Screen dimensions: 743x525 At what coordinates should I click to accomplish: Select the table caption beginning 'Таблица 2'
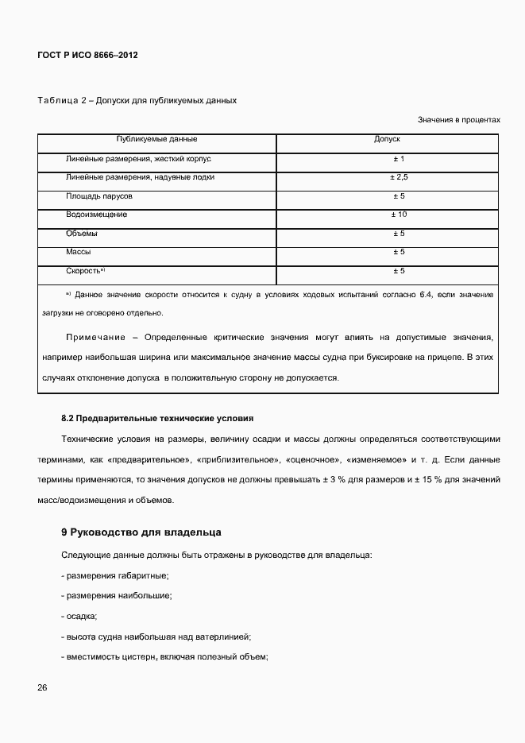click(x=137, y=101)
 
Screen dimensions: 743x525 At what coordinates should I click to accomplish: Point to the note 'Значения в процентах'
click(x=459, y=120)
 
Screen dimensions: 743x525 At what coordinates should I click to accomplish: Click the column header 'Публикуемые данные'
click(x=156, y=139)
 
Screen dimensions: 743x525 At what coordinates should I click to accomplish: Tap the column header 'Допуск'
click(x=387, y=139)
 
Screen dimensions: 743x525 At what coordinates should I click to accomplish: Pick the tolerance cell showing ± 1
click(x=399, y=159)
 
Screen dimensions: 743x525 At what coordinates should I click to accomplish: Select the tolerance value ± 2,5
click(x=399, y=177)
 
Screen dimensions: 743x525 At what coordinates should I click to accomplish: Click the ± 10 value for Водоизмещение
click(x=399, y=215)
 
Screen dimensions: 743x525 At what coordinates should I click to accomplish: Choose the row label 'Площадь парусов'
click(x=98, y=195)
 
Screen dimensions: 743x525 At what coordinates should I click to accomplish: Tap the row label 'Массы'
click(x=79, y=252)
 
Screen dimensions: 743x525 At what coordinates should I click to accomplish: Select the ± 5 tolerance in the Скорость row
click(x=399, y=271)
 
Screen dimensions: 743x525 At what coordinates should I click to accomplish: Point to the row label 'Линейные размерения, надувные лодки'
click(x=140, y=177)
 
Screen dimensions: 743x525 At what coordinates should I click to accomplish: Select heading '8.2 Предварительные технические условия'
click(x=157, y=418)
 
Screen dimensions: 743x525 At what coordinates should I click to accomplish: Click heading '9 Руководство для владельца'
click(x=141, y=532)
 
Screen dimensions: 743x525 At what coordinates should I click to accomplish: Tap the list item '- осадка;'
click(x=79, y=616)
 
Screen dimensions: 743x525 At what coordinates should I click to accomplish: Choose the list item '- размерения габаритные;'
click(x=114, y=575)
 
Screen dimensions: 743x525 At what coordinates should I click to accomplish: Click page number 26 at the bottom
click(x=42, y=687)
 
